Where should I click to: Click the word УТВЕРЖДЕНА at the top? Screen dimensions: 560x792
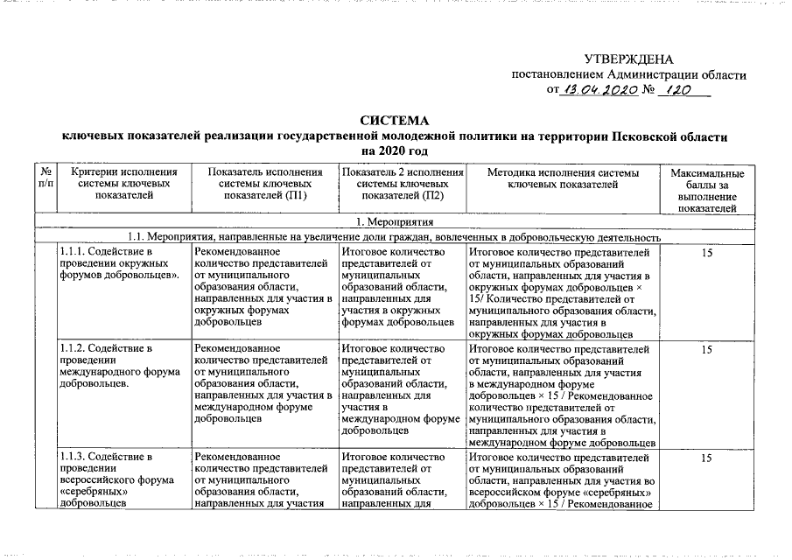(x=628, y=59)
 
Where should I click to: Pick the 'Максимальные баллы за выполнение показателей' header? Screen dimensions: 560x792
(x=707, y=191)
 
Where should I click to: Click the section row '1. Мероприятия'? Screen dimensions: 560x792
(x=396, y=222)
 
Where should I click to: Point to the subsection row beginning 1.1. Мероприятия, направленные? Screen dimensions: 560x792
(x=396, y=237)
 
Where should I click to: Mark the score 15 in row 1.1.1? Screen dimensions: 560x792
(x=707, y=254)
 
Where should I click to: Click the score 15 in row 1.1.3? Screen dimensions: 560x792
(x=707, y=458)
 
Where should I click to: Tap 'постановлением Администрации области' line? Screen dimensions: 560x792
(x=628, y=74)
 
